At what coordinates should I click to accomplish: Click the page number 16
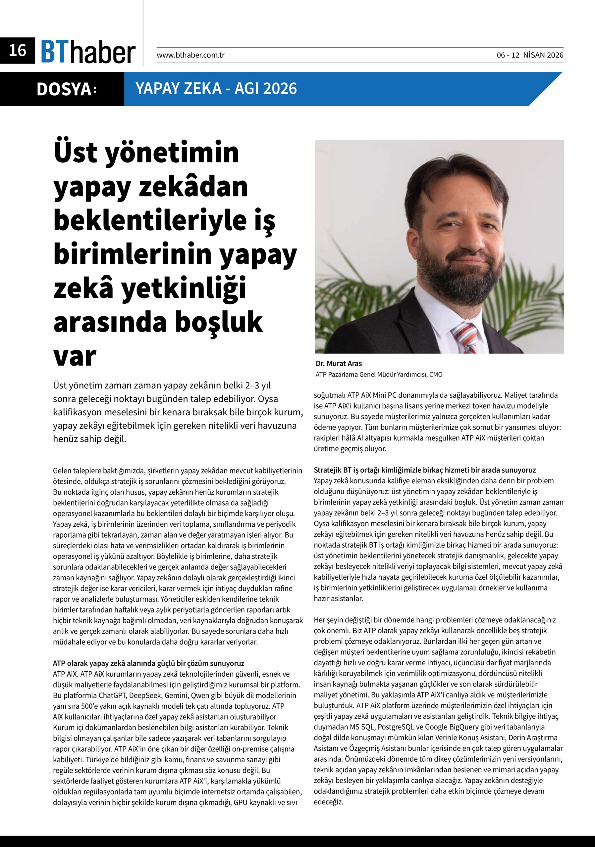click(x=17, y=51)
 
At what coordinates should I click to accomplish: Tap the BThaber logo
click(x=88, y=52)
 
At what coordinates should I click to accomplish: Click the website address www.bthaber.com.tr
click(x=190, y=55)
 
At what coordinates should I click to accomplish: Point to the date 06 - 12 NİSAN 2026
click(x=530, y=55)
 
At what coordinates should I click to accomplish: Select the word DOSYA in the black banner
click(x=64, y=89)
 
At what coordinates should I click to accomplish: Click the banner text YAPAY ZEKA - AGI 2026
click(x=216, y=89)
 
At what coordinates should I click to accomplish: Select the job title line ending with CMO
click(x=379, y=375)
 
